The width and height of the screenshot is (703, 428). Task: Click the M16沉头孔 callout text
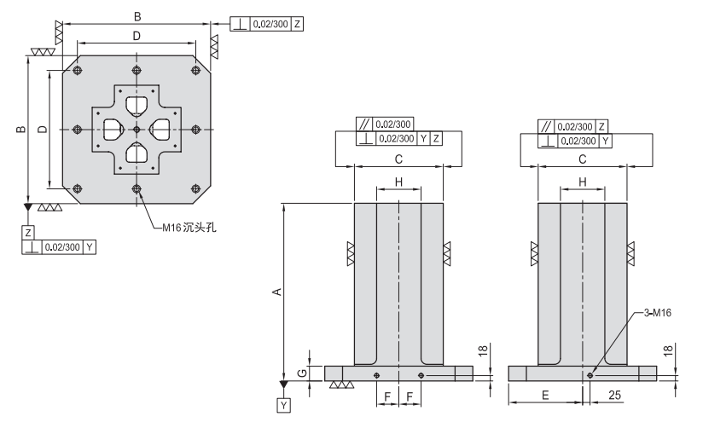180,227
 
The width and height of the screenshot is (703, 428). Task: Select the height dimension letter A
275,292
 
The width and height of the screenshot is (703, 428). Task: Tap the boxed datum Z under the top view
28,232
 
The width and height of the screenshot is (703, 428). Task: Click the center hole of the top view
137,129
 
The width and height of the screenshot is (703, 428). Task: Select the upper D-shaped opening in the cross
137,106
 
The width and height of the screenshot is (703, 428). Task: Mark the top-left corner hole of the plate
78,70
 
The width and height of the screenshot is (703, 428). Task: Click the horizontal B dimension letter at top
137,15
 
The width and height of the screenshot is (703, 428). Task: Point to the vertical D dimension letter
41,129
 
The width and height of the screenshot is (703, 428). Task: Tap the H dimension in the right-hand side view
582,182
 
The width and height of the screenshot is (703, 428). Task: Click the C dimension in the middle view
398,159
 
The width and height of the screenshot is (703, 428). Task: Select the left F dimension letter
387,398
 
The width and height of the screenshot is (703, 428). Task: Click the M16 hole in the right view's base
590,374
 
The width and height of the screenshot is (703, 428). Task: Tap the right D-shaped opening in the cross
160,130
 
